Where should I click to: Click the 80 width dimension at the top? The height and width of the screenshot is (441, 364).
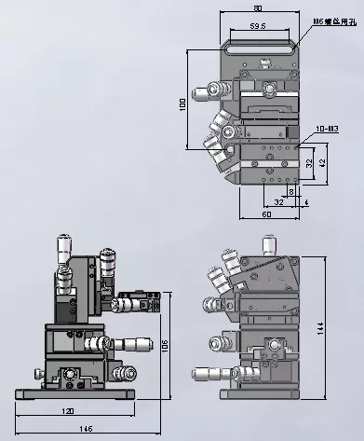point(257,9)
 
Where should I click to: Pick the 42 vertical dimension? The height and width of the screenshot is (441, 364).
point(322,163)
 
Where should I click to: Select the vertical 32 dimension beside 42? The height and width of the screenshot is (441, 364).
point(308,162)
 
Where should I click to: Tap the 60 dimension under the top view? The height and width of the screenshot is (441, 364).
point(266,215)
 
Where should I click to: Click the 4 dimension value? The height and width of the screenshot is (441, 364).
point(307,198)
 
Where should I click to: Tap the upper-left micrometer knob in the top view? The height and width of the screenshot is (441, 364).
point(200,92)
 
